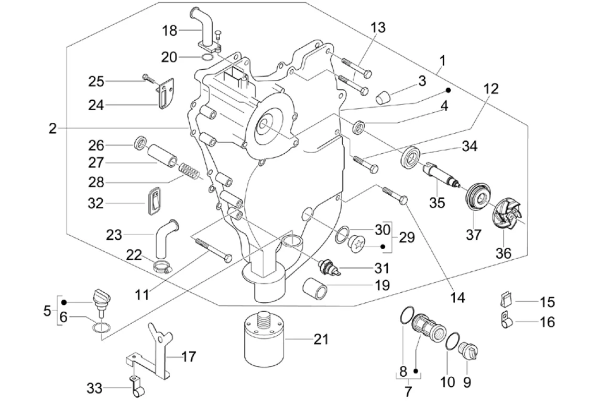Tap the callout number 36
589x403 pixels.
pos(503,253)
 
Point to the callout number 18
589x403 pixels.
pos(169,30)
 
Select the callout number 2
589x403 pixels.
pos(52,128)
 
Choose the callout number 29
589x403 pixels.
pos(406,237)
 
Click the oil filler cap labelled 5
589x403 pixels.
pos(101,298)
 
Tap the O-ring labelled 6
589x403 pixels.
pos(102,328)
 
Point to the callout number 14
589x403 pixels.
pos(457,298)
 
